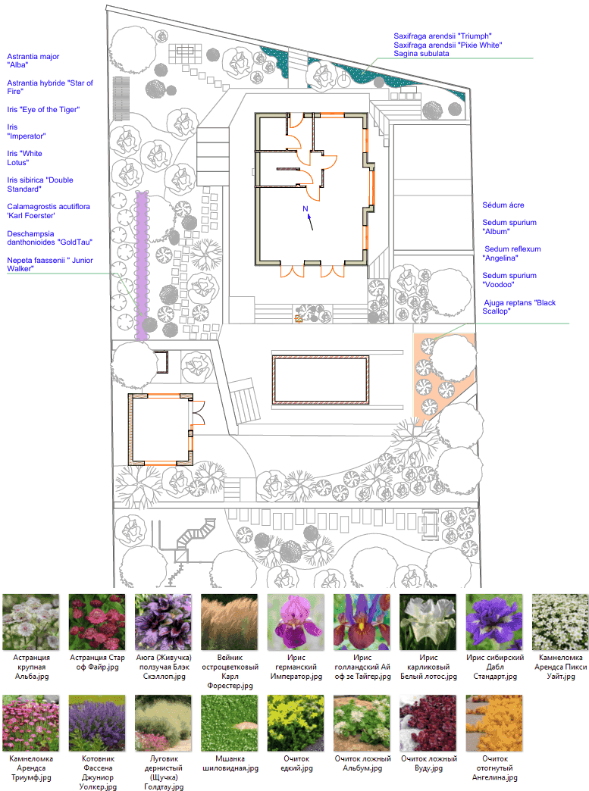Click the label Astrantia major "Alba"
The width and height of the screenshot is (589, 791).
pyautogui.click(x=33, y=61)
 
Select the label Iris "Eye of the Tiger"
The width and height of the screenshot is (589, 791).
pyautogui.click(x=43, y=109)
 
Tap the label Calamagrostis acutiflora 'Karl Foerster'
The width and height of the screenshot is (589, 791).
pyautogui.click(x=49, y=211)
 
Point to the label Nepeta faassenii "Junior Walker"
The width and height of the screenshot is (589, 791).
pyautogui.click(x=50, y=264)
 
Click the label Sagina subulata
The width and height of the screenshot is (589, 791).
pyautogui.click(x=421, y=54)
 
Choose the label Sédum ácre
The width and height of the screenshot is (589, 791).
pyautogui.click(x=503, y=205)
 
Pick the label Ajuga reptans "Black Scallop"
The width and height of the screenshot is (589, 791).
pyautogui.click(x=519, y=307)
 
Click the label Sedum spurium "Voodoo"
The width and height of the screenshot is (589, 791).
pyautogui.click(x=509, y=280)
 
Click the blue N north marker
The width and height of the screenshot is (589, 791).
pyautogui.click(x=305, y=209)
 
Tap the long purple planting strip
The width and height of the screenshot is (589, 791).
pyautogui.click(x=142, y=266)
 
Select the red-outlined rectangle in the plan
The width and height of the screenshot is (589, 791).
pyautogui.click(x=321, y=380)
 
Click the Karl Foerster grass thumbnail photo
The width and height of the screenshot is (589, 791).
pyautogui.click(x=230, y=622)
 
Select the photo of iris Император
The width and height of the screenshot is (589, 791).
pyautogui.click(x=296, y=622)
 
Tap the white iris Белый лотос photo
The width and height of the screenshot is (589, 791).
pyautogui.click(x=428, y=622)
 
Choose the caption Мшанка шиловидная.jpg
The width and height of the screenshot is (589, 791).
pyautogui.click(x=230, y=763)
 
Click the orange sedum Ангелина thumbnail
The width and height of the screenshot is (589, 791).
pyautogui.click(x=494, y=724)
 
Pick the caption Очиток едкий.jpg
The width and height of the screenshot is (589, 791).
pyautogui.click(x=296, y=763)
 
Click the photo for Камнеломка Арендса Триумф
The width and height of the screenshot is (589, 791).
pyautogui.click(x=31, y=724)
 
